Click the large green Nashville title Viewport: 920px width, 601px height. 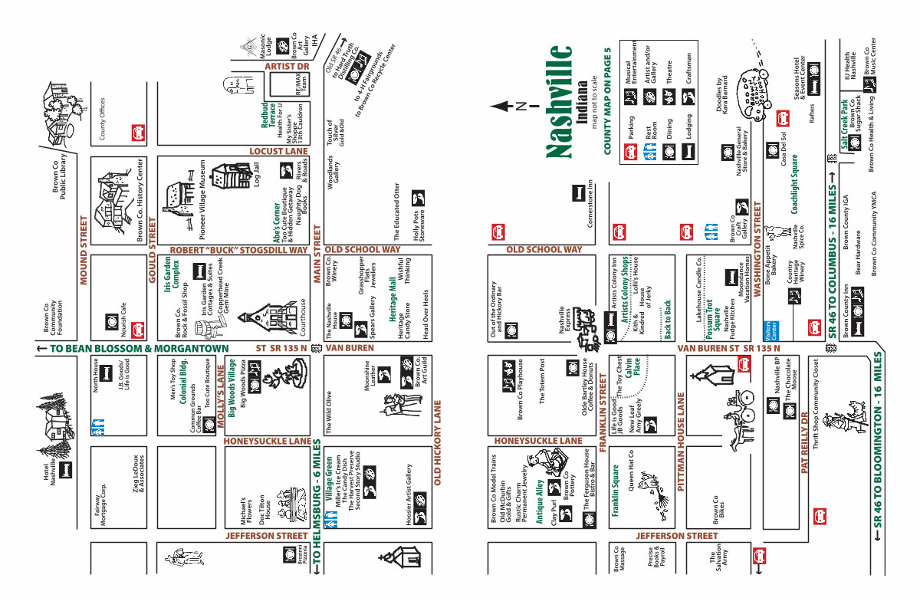point(560,101)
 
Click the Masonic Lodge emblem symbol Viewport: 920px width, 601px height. point(248,48)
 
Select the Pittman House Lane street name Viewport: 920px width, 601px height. point(680,441)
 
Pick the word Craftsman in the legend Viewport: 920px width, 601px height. point(688,67)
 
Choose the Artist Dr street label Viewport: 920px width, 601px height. point(287,67)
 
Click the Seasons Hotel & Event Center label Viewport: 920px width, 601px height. point(802,80)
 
